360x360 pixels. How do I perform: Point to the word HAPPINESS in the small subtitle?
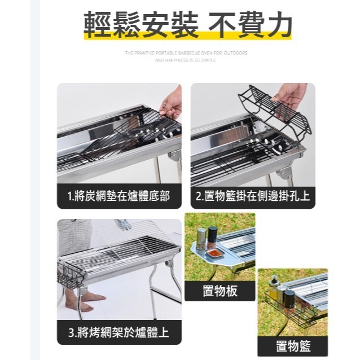coord(177,60)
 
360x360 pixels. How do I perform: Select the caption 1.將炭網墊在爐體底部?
coord(119,196)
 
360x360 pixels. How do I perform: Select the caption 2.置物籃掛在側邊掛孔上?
coord(253,196)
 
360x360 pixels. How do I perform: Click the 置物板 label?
coord(219,291)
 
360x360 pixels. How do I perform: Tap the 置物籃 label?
coord(292,345)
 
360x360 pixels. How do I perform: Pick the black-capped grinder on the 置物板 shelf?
coord(212,236)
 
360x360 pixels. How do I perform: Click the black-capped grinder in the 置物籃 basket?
coord(289,298)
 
